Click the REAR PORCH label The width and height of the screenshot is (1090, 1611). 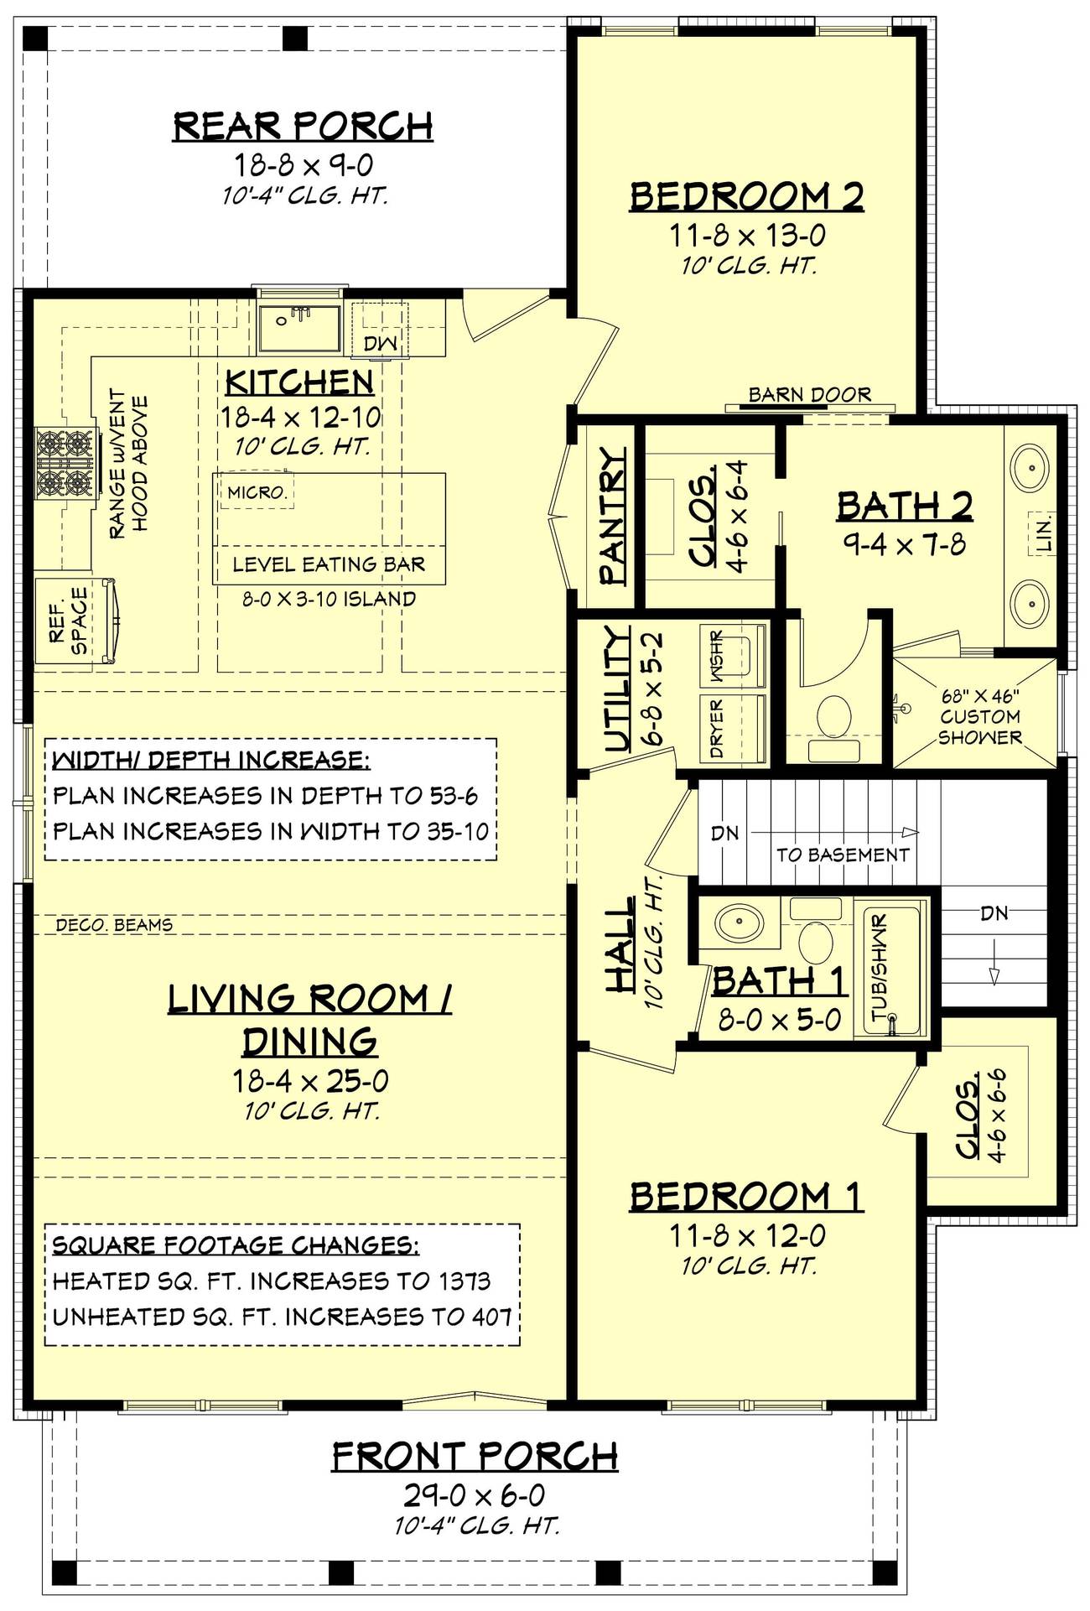pyautogui.click(x=303, y=126)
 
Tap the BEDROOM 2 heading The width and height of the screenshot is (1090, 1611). pyautogui.click(x=746, y=196)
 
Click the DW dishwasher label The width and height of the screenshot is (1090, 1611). pyautogui.click(x=380, y=343)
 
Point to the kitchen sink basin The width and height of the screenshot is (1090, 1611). pyautogui.click(x=298, y=329)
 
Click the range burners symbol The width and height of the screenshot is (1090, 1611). pyautogui.click(x=63, y=462)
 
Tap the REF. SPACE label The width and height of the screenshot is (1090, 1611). pyautogui.click(x=69, y=620)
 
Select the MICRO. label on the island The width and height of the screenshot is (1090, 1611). pyautogui.click(x=257, y=492)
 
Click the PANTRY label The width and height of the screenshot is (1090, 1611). pyautogui.click(x=612, y=515)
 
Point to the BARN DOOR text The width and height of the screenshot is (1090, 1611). pyautogui.click(x=809, y=393)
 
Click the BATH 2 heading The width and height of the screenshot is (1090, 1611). pyautogui.click(x=905, y=506)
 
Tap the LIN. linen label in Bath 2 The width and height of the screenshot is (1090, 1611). pyautogui.click(x=1042, y=533)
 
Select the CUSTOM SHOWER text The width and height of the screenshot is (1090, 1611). pyautogui.click(x=980, y=727)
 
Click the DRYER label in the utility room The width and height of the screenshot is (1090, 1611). pyautogui.click(x=717, y=728)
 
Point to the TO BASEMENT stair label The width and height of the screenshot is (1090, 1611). pyautogui.click(x=842, y=855)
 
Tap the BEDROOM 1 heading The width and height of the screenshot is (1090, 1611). pyautogui.click(x=746, y=1197)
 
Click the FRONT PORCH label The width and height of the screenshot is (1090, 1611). pyautogui.click(x=475, y=1457)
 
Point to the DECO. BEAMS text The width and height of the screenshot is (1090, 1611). pyautogui.click(x=114, y=925)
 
